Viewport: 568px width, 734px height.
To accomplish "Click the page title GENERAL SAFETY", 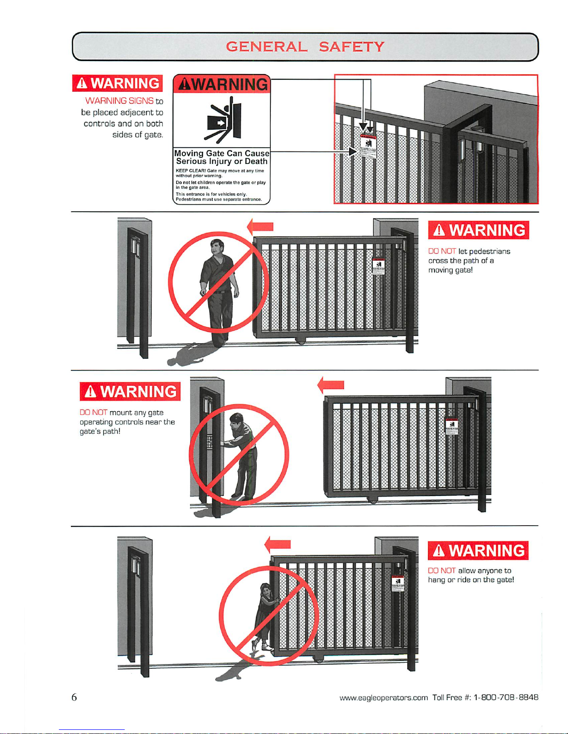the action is pos(305,47).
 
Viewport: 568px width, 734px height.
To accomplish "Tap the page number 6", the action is pos(74,697).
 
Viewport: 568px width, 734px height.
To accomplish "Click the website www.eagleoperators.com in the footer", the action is pos(383,697).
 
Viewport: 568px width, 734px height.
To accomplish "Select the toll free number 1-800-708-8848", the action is pos(506,697).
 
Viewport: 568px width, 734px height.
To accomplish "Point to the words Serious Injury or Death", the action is pos(222,161).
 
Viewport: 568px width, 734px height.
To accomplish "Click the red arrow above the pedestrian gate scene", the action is pos(260,227).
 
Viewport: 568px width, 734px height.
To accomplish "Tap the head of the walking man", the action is pos(216,246).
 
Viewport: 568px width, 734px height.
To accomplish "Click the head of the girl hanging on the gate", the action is pos(266,590).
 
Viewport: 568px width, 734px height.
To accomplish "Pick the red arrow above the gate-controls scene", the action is pos(331,384).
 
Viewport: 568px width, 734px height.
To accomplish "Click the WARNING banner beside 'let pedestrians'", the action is pos(479,230).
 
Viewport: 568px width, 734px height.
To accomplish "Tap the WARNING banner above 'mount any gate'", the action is pos(130,392).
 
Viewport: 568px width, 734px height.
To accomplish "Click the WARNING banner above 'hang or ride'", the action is pos(478,551).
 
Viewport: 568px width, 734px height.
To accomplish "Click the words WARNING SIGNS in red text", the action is pos(119,100).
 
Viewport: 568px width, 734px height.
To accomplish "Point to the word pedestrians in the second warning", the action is pos(490,251).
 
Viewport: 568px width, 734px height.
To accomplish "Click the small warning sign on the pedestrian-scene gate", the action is pos(378,266).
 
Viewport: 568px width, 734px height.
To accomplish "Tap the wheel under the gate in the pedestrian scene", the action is pos(301,342).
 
